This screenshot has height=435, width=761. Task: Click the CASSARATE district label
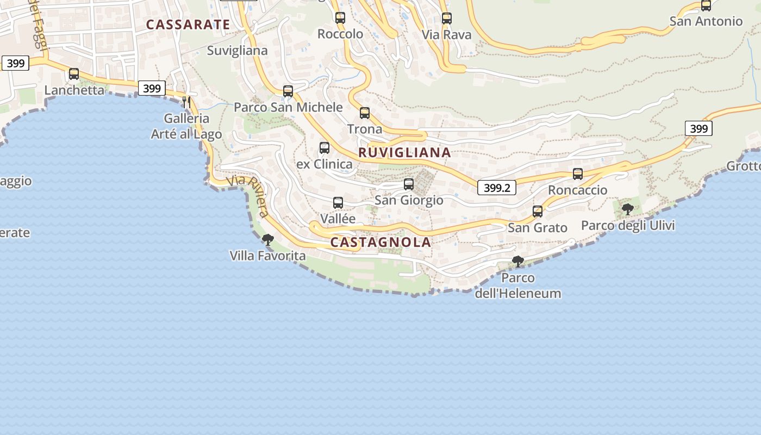tap(188, 24)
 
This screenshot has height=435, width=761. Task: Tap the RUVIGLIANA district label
tap(404, 153)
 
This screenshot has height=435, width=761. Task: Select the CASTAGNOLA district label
tap(380, 243)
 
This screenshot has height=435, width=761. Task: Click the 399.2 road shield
tap(497, 188)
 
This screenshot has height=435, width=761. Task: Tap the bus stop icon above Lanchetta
tap(74, 74)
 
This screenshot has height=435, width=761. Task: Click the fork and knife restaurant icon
tap(186, 102)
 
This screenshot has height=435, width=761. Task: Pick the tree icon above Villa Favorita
tap(267, 239)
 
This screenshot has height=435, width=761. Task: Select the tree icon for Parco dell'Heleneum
tap(518, 262)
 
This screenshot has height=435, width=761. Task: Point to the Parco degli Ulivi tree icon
tap(628, 209)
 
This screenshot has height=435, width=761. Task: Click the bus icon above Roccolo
tap(340, 18)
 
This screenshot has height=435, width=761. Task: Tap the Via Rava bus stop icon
tap(447, 18)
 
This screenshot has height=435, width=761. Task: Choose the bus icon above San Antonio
tap(706, 6)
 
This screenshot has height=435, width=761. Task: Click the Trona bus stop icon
tap(365, 113)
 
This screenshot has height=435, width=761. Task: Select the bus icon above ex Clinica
tap(325, 148)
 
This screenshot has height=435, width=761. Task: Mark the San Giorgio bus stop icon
tap(409, 184)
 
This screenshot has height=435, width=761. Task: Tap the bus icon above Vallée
tap(338, 203)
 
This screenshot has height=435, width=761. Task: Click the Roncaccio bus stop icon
tap(578, 174)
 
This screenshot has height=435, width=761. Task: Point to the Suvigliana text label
tap(238, 51)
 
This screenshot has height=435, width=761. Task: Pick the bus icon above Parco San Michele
tap(288, 91)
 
